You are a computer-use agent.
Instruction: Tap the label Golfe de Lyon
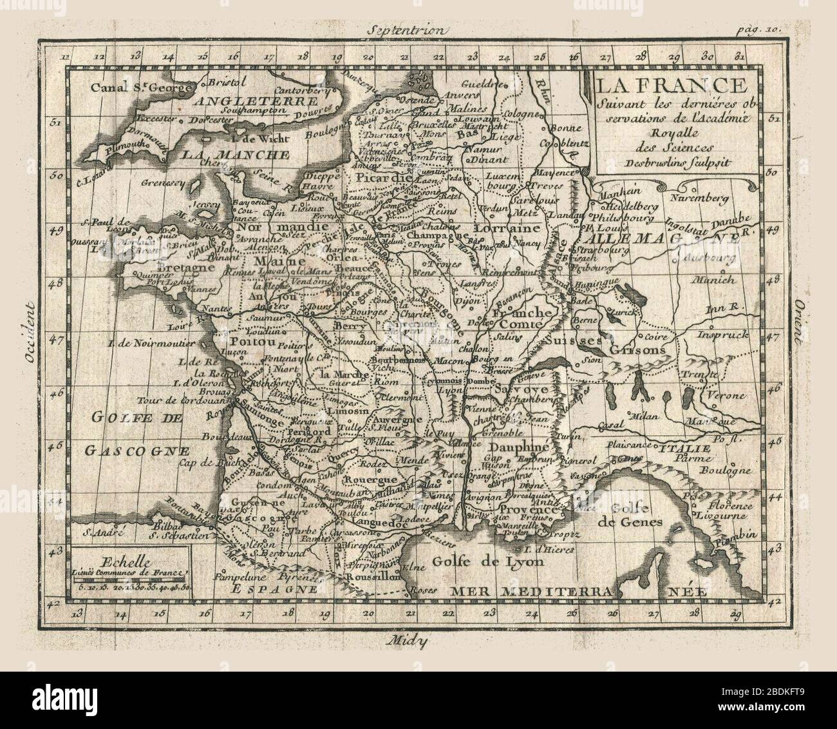click(488, 560)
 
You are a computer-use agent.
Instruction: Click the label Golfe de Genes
click(630, 515)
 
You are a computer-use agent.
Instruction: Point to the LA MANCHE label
click(235, 155)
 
